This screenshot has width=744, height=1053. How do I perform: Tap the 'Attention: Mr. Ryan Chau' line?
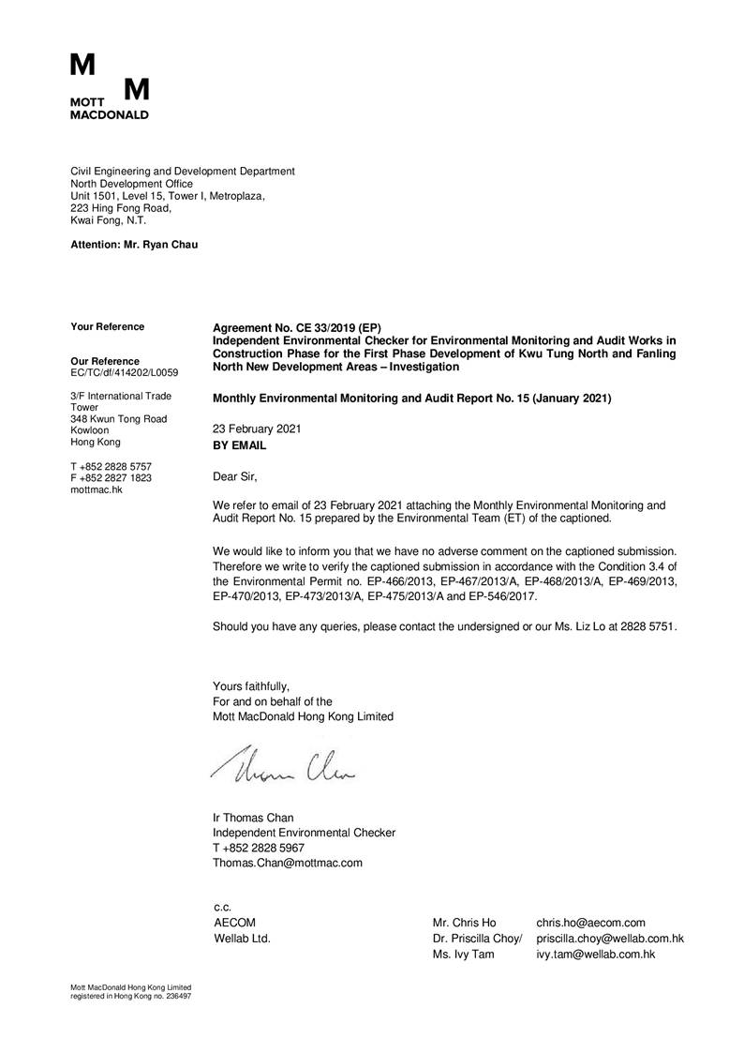[x=135, y=245]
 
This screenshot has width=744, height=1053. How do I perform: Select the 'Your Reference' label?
[x=108, y=327]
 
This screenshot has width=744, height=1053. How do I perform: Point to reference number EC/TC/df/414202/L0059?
[x=125, y=373]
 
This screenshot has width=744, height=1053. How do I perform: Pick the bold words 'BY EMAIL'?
[x=240, y=446]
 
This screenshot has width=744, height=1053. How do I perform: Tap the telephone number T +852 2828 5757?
[x=112, y=466]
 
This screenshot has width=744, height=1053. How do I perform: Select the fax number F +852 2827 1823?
[x=112, y=478]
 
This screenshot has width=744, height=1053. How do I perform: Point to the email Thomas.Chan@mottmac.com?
[x=288, y=863]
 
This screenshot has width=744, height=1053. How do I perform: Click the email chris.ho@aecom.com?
[x=590, y=924]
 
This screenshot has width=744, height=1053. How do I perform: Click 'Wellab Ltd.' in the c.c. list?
[x=243, y=939]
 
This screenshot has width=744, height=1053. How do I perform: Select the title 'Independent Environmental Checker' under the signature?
[x=305, y=833]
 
